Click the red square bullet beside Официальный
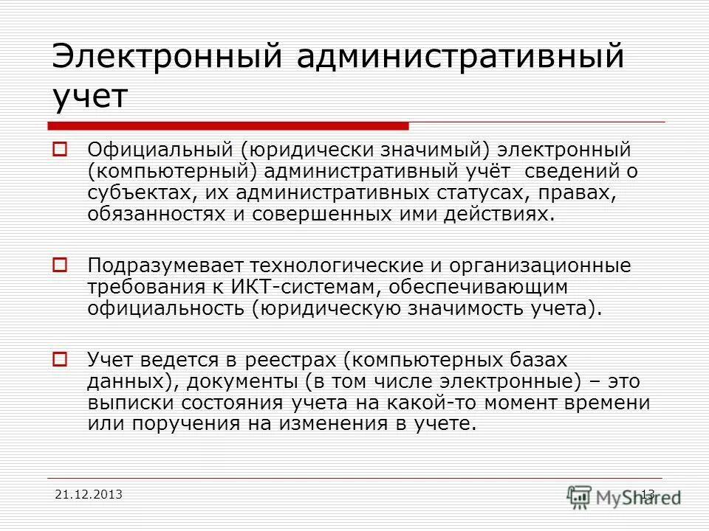click(x=60, y=150)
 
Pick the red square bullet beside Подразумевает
click(x=60, y=263)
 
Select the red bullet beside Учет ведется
click(x=60, y=361)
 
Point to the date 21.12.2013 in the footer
click(x=89, y=493)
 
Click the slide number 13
click(x=648, y=493)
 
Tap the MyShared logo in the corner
click(x=625, y=496)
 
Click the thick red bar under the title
click(x=229, y=125)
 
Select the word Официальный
click(x=160, y=150)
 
